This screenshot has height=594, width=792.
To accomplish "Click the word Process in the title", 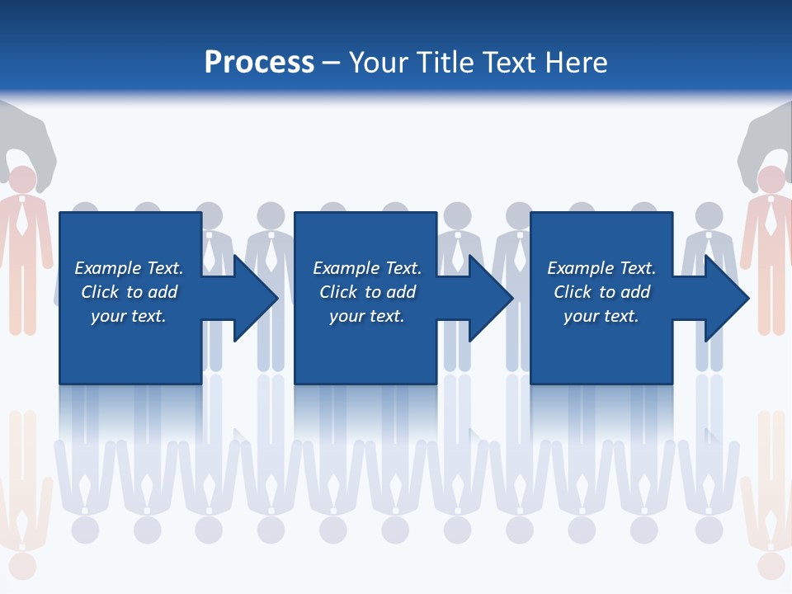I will click(x=259, y=63).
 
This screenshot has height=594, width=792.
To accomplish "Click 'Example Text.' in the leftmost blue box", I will click(x=129, y=268).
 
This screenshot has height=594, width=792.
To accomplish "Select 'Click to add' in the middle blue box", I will click(x=367, y=292).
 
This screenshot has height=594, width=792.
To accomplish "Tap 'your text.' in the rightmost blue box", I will click(x=601, y=316).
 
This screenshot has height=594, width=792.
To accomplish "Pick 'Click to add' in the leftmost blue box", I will click(x=129, y=292).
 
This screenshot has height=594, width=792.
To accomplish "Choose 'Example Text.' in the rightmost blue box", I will click(x=601, y=268).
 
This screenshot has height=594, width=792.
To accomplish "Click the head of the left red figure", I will click(x=22, y=180).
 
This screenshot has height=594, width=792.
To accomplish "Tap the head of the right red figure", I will click(x=771, y=180).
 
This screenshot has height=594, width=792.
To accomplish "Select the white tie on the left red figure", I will click(x=22, y=219).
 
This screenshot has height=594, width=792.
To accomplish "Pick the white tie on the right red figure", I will click(x=771, y=219).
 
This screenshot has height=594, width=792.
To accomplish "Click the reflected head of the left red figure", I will click(x=22, y=566).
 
